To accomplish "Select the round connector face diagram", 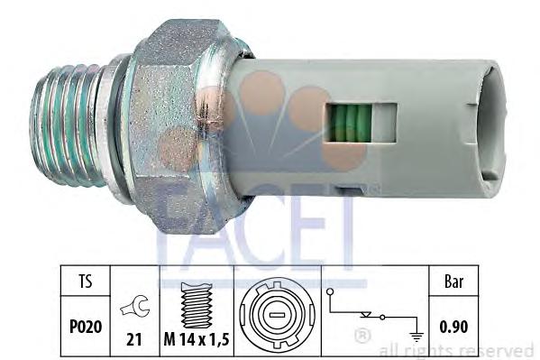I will coord(279,311).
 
